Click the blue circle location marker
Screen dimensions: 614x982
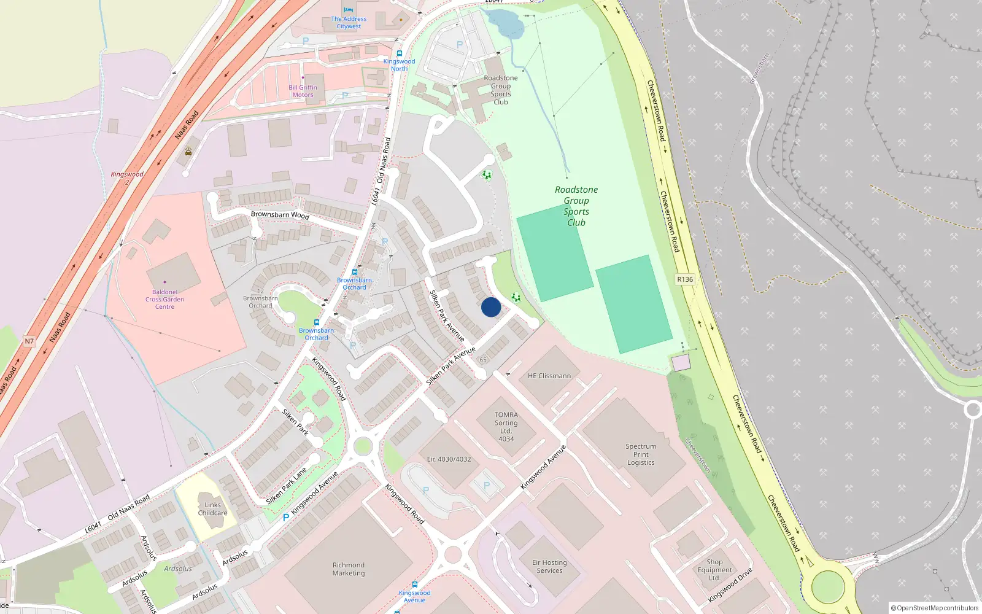coord(491,307)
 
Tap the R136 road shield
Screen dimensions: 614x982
coord(685,279)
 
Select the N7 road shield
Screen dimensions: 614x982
coord(29,341)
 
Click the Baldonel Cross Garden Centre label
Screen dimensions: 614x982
coord(164,300)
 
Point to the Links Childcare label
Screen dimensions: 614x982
coord(212,509)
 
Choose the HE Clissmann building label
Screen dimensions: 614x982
coord(549,376)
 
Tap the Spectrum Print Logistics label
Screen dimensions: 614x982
coord(641,454)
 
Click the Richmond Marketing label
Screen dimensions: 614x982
coord(349,569)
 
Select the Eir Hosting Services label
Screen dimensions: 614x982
coord(549,566)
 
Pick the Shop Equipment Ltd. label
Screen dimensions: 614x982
coord(714,570)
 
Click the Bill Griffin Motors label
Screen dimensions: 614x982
coord(303,91)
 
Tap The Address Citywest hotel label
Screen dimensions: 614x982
coord(349,23)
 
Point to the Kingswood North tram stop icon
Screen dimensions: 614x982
coord(400,54)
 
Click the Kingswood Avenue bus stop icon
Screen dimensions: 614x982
coord(415,585)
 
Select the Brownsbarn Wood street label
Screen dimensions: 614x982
coord(280,215)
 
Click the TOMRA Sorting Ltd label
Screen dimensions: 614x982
coord(506,427)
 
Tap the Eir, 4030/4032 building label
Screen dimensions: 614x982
coord(449,459)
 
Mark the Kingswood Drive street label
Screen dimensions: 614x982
coord(730,585)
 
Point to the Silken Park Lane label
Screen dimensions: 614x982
coord(287,486)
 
